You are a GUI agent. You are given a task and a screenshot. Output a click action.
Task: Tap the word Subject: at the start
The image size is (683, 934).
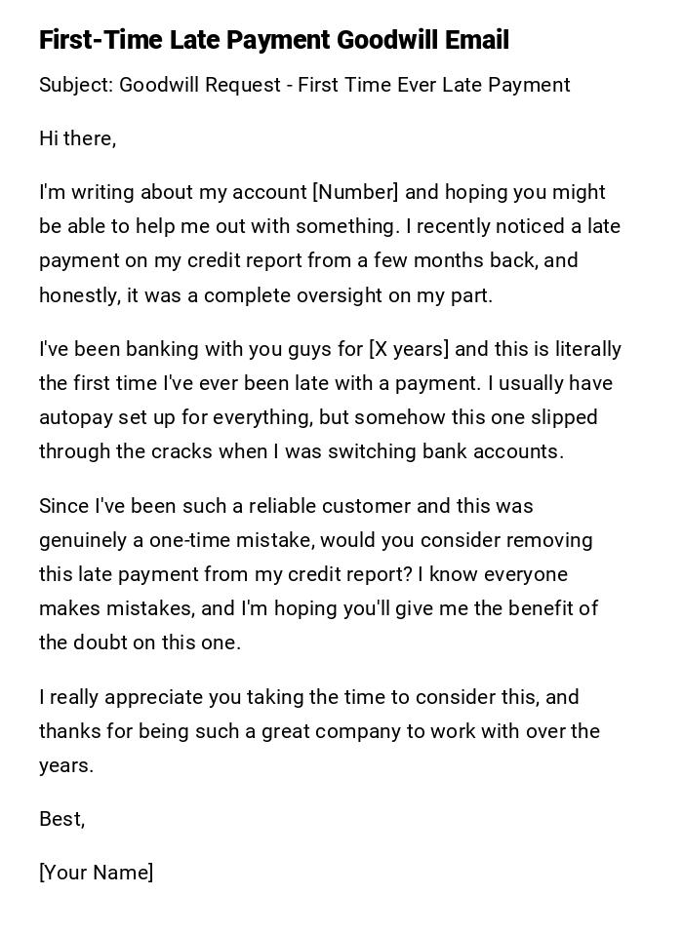coord(76,85)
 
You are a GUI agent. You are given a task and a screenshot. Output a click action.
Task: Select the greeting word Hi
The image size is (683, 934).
coord(50,138)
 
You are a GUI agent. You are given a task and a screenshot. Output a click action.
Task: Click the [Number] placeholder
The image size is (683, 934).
coord(356,192)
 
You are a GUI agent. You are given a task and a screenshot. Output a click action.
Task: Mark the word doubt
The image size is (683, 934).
coord(105,642)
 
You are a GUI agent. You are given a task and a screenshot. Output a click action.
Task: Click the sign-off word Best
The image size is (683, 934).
coord(60,819)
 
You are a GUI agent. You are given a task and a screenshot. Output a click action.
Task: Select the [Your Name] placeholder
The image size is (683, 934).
coord(96,873)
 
